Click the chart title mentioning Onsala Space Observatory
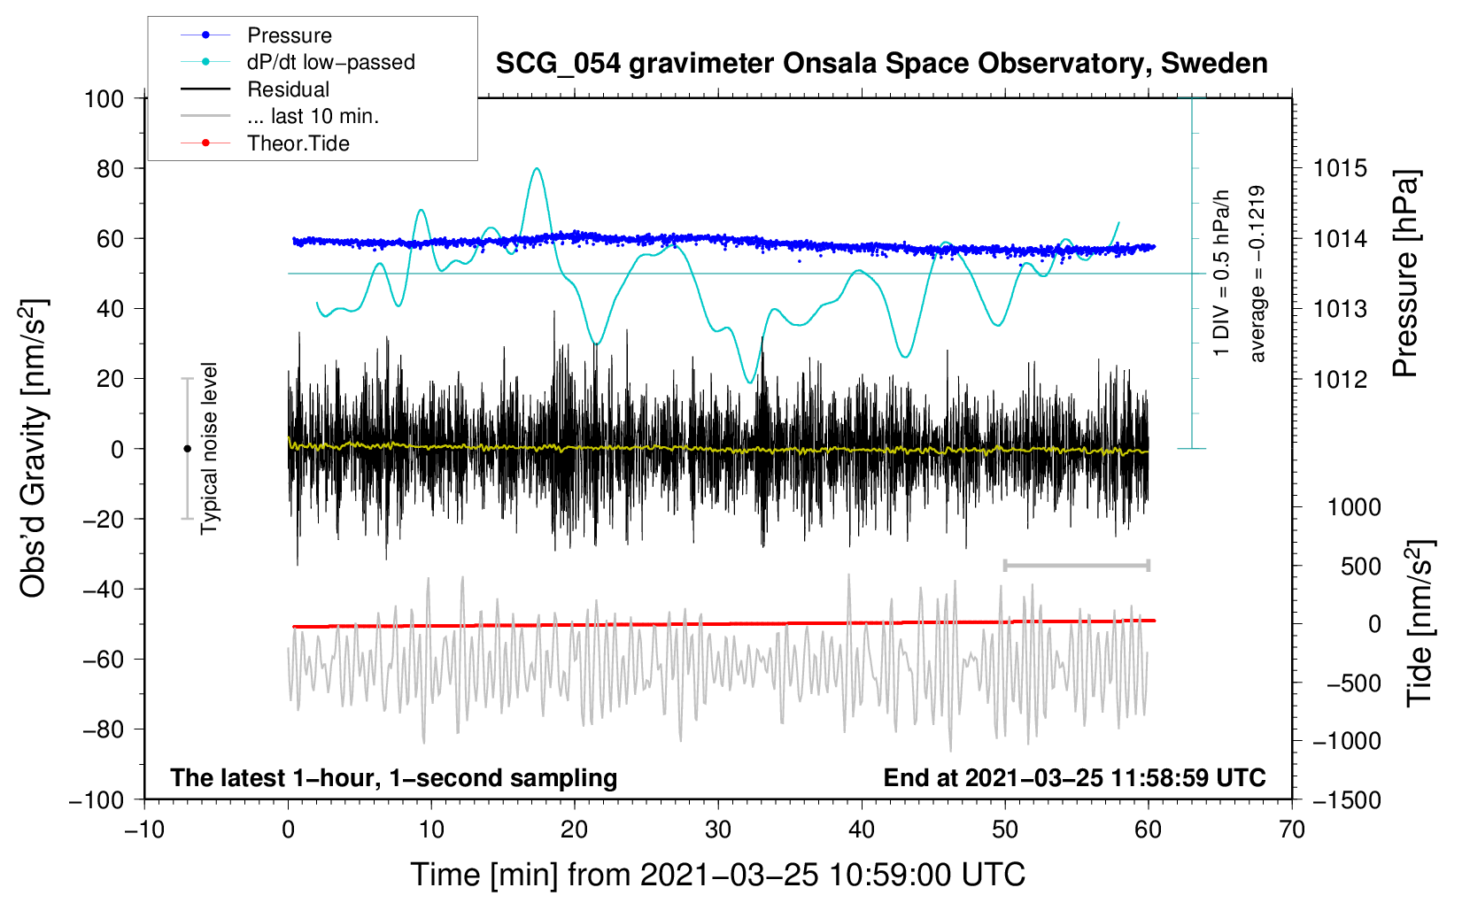(881, 64)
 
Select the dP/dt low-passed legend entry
(330, 62)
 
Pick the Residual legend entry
(288, 89)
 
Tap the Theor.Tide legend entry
(298, 143)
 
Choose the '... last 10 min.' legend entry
(313, 116)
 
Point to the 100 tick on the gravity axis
(104, 98)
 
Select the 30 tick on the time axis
(718, 830)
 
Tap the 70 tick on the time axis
(1292, 830)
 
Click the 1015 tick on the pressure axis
(1340, 168)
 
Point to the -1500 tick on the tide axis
(1346, 800)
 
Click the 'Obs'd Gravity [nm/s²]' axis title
(34, 448)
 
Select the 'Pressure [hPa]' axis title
(1405, 274)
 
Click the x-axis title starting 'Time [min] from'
(717, 875)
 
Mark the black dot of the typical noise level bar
(187, 449)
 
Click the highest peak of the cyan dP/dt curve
(536, 168)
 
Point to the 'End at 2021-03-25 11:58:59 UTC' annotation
(1074, 777)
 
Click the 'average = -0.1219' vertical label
(1257, 274)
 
